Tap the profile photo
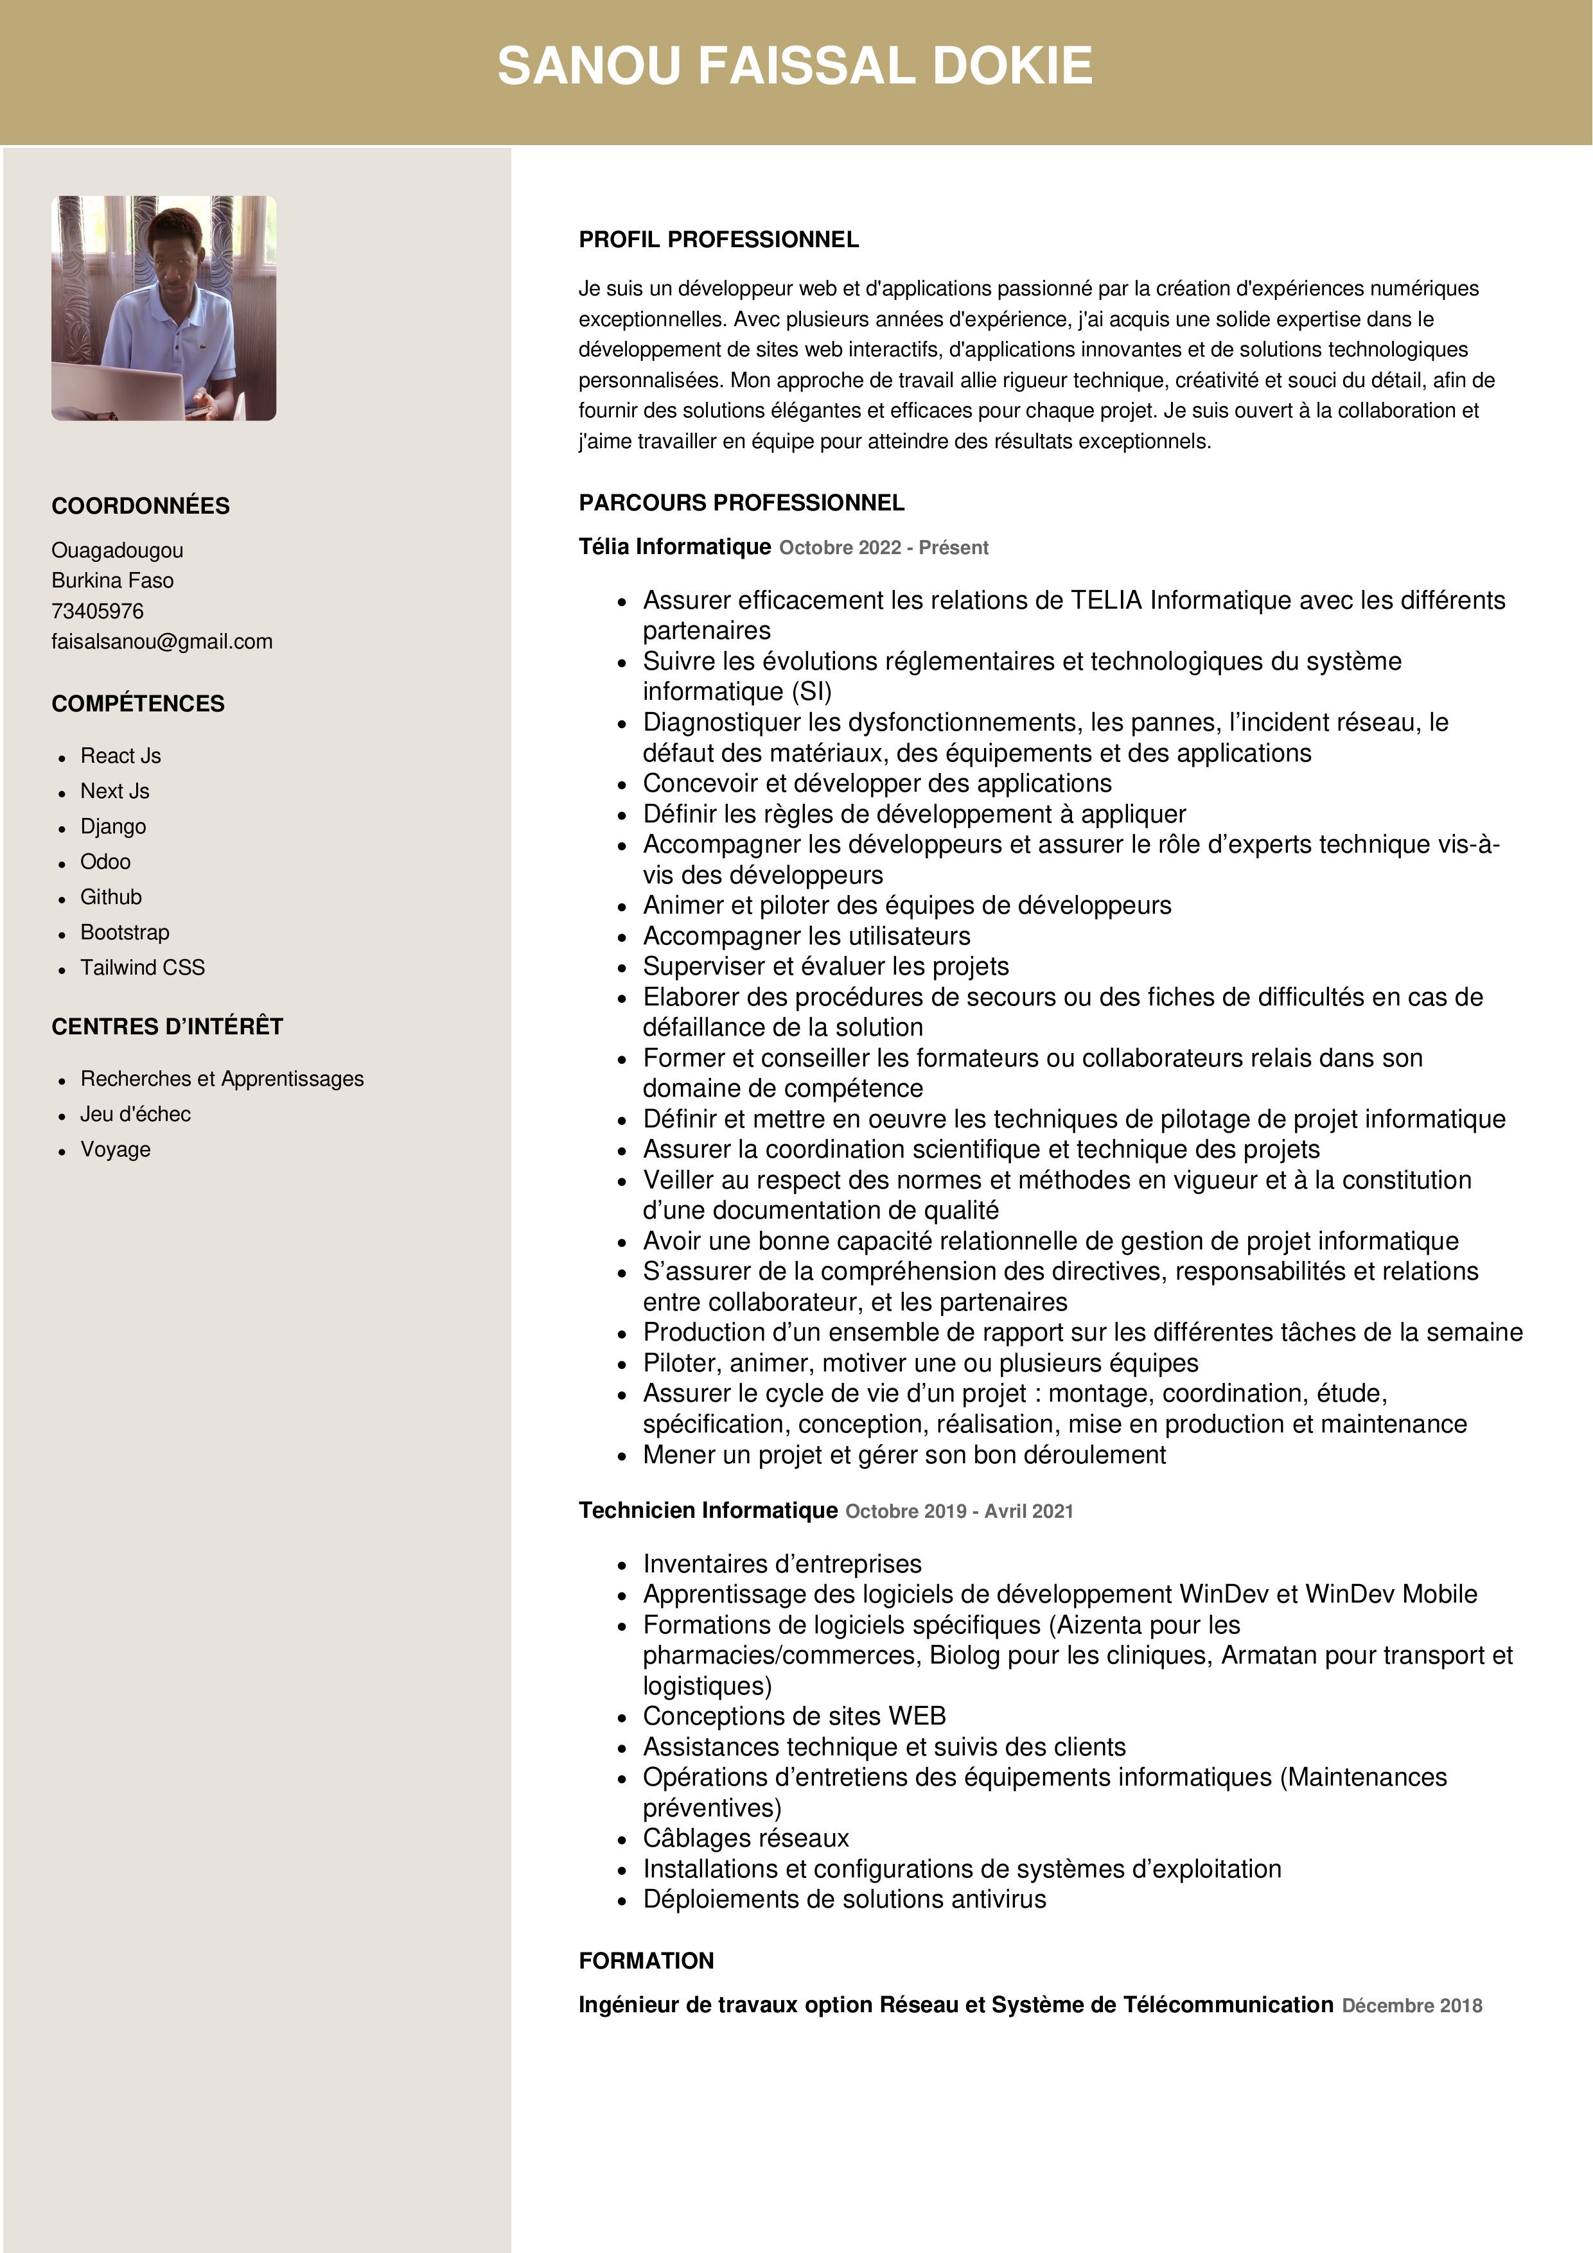(x=164, y=308)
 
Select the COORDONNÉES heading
(x=141, y=507)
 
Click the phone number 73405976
(x=97, y=611)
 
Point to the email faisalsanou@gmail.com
(x=162, y=642)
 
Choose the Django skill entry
(x=113, y=826)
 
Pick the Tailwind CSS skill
(x=143, y=968)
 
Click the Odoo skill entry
(x=105, y=862)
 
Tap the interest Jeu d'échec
(x=136, y=1114)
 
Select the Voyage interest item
(x=116, y=1149)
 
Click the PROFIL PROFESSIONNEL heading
(x=719, y=239)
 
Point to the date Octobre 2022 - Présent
(x=883, y=548)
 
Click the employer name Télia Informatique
(x=674, y=546)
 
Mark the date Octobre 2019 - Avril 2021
(x=959, y=1511)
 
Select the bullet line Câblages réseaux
(x=746, y=1838)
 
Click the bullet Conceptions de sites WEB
(x=794, y=1716)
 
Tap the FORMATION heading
(x=646, y=1961)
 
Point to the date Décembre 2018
(x=1411, y=2006)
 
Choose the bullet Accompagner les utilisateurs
(x=806, y=936)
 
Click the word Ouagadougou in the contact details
(x=118, y=550)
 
